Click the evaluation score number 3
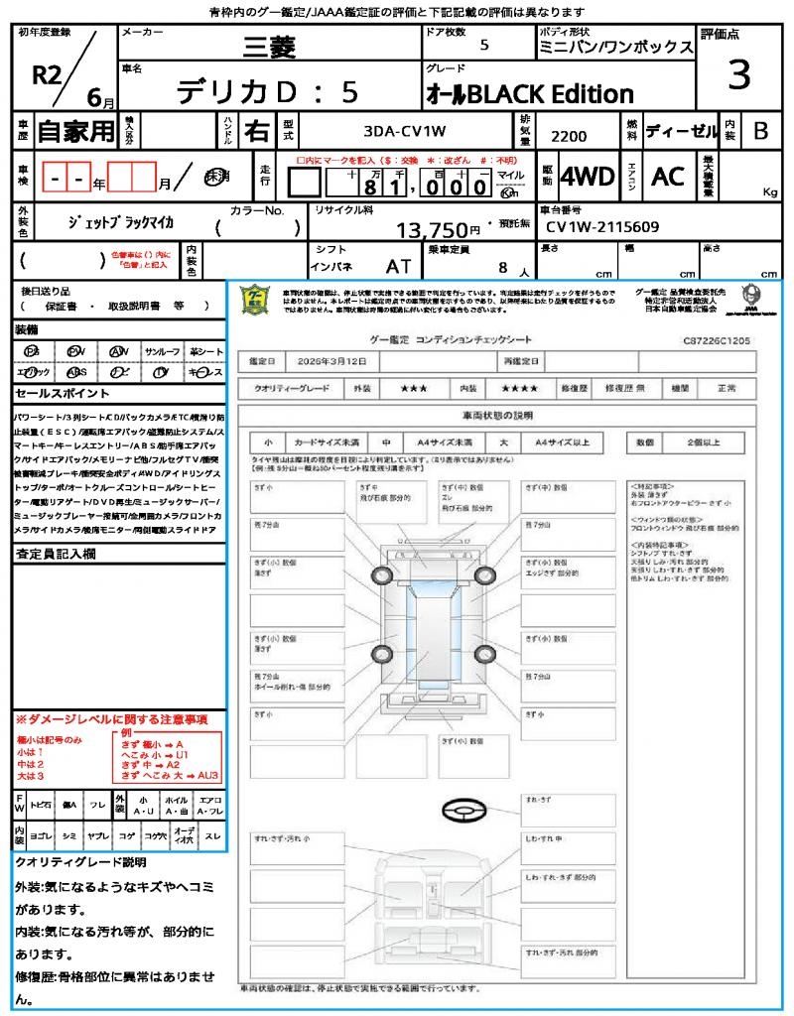pos(738,74)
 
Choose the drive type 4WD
pos(588,177)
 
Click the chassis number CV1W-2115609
pos(602,227)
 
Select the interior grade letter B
pos(760,130)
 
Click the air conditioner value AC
pos(668,177)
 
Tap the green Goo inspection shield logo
pos(256,300)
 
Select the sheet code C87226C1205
pos(716,339)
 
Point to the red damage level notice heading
pos(110,718)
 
